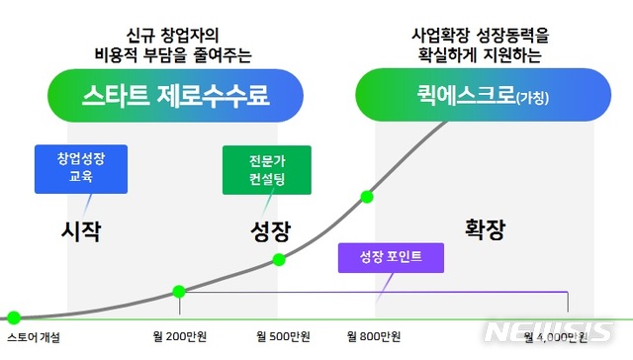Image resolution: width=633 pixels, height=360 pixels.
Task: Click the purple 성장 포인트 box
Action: coord(391,257)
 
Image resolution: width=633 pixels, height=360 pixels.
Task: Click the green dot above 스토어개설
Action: coord(14,317)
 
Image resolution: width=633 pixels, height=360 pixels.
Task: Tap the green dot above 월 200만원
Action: coord(179,292)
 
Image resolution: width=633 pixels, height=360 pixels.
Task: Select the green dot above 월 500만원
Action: coord(279,259)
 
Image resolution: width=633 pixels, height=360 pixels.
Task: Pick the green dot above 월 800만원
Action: coord(367,196)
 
